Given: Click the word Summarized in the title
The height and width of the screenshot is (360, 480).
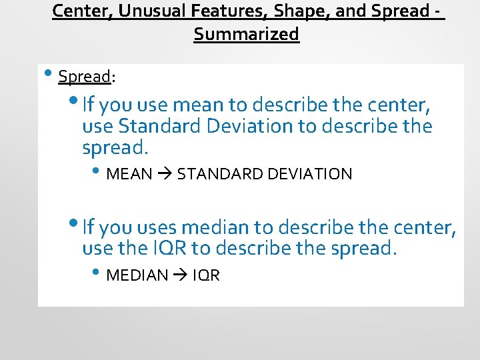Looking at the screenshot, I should [247, 35].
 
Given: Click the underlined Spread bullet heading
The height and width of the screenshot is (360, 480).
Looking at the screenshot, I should [84, 77].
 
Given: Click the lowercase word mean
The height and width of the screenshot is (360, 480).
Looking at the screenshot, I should [197, 105].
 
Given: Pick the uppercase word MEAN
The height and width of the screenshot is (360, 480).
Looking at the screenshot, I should [129, 175].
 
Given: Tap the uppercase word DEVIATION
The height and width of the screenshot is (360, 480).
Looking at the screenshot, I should [309, 175].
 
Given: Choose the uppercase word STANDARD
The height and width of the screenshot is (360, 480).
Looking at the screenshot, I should [219, 175].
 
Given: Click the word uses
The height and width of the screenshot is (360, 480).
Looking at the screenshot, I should [157, 228].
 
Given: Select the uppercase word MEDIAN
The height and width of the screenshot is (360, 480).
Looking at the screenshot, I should [137, 275].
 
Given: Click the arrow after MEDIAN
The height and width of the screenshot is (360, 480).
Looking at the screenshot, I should [180, 275].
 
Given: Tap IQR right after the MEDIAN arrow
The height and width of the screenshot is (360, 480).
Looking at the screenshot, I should [206, 275].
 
